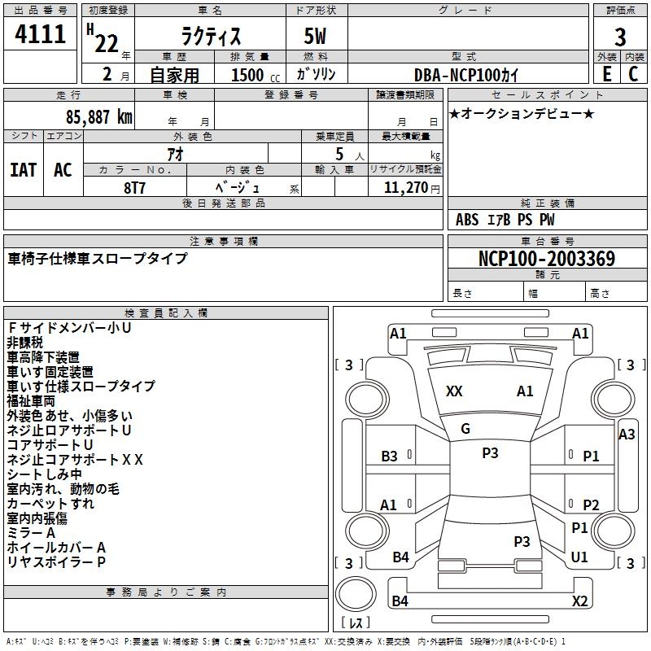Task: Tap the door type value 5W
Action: point(317,37)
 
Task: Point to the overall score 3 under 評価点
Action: point(620,37)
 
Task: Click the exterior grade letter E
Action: point(606,73)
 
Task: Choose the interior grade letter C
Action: point(634,73)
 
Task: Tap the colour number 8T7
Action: point(136,186)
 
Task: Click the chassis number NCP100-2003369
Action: point(547,259)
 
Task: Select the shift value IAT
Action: point(23,170)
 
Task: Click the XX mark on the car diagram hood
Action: point(454,391)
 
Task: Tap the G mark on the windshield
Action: point(465,428)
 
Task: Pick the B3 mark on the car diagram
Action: point(390,457)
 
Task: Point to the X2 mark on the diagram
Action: point(580,601)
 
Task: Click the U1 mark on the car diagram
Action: point(580,557)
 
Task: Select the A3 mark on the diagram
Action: point(627,435)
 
